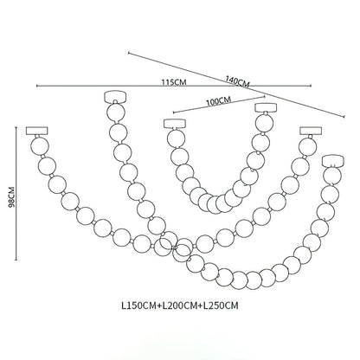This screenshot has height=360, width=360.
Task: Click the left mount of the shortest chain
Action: point(174,122)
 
